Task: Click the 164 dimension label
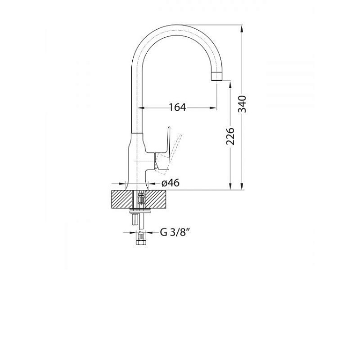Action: pos(177,107)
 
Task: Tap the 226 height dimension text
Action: pos(230,136)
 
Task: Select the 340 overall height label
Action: pos(242,104)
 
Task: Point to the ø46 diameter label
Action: pos(171,183)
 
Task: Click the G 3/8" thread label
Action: pos(175,232)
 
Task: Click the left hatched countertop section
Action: pos(122,199)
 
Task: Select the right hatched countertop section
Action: pos(156,199)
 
